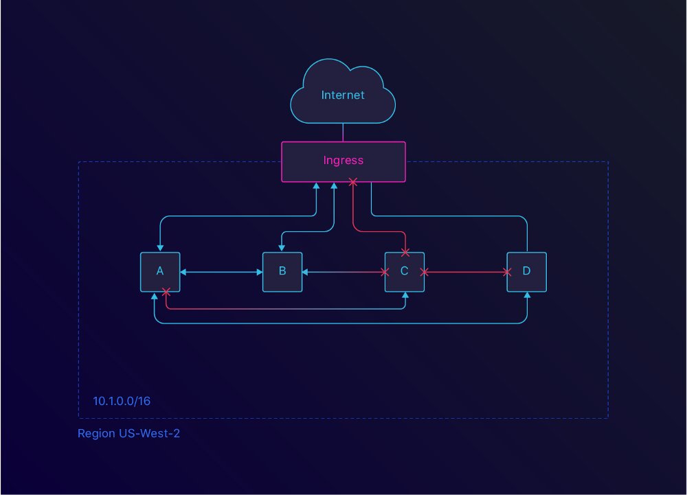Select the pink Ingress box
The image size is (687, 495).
pyautogui.click(x=343, y=161)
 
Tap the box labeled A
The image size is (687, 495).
pyautogui.click(x=160, y=272)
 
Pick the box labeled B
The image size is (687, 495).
pyautogui.click(x=282, y=272)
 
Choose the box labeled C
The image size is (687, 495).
pyautogui.click(x=404, y=272)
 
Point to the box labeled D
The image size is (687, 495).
pyautogui.click(x=526, y=272)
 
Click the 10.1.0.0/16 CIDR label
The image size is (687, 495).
pyautogui.click(x=122, y=401)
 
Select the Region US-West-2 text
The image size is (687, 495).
pyautogui.click(x=128, y=434)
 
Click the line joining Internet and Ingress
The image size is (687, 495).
pyautogui.click(x=343, y=133)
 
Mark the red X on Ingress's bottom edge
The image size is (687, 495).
pyautogui.click(x=353, y=183)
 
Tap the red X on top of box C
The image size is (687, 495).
pyautogui.click(x=405, y=252)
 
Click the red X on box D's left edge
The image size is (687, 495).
pyautogui.click(x=507, y=273)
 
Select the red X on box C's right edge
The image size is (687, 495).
pyautogui.click(x=424, y=273)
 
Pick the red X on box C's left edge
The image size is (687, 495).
pyautogui.click(x=385, y=273)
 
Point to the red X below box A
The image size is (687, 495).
pyautogui.click(x=166, y=292)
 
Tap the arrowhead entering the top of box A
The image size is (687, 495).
pyautogui.click(x=160, y=249)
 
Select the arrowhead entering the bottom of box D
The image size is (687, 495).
pyautogui.click(x=527, y=296)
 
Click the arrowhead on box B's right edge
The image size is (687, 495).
pyautogui.click(x=306, y=273)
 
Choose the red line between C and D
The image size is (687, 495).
pyautogui.click(x=466, y=273)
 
